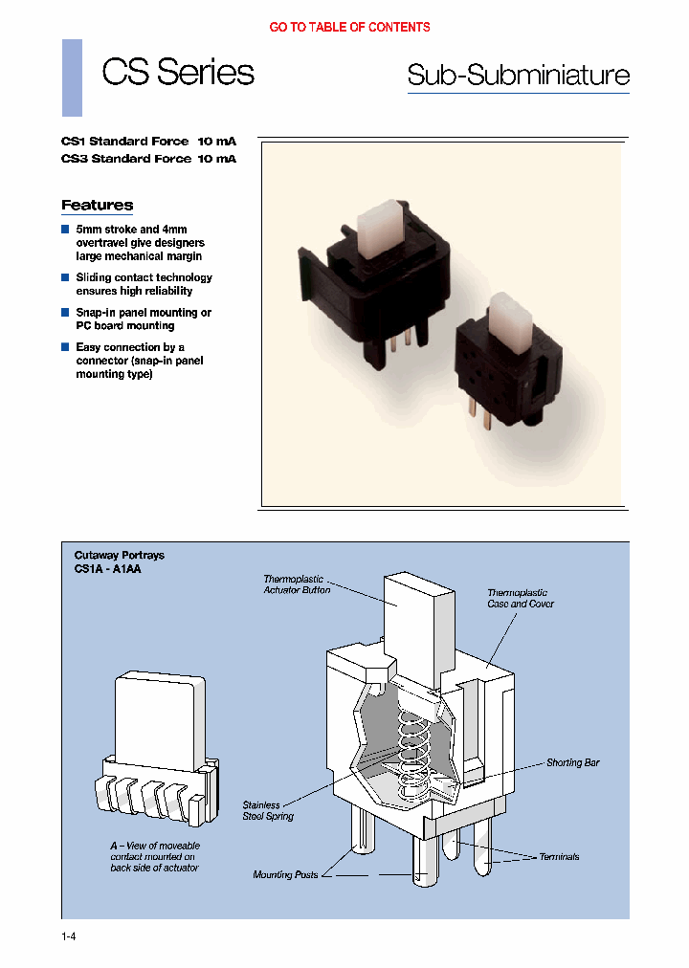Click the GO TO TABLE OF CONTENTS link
click(x=349, y=28)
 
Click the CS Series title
click(x=178, y=73)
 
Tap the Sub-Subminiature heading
click(x=518, y=76)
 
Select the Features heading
click(x=97, y=205)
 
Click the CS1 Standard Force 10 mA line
click(x=148, y=141)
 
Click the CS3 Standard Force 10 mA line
click(x=148, y=159)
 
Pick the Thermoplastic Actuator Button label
click(x=297, y=584)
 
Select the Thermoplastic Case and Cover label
click(x=520, y=598)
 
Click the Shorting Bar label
click(x=572, y=762)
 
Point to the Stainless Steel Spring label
click(x=268, y=811)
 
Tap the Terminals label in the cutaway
click(x=559, y=856)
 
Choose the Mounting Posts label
click(x=285, y=874)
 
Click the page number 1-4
click(x=67, y=936)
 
